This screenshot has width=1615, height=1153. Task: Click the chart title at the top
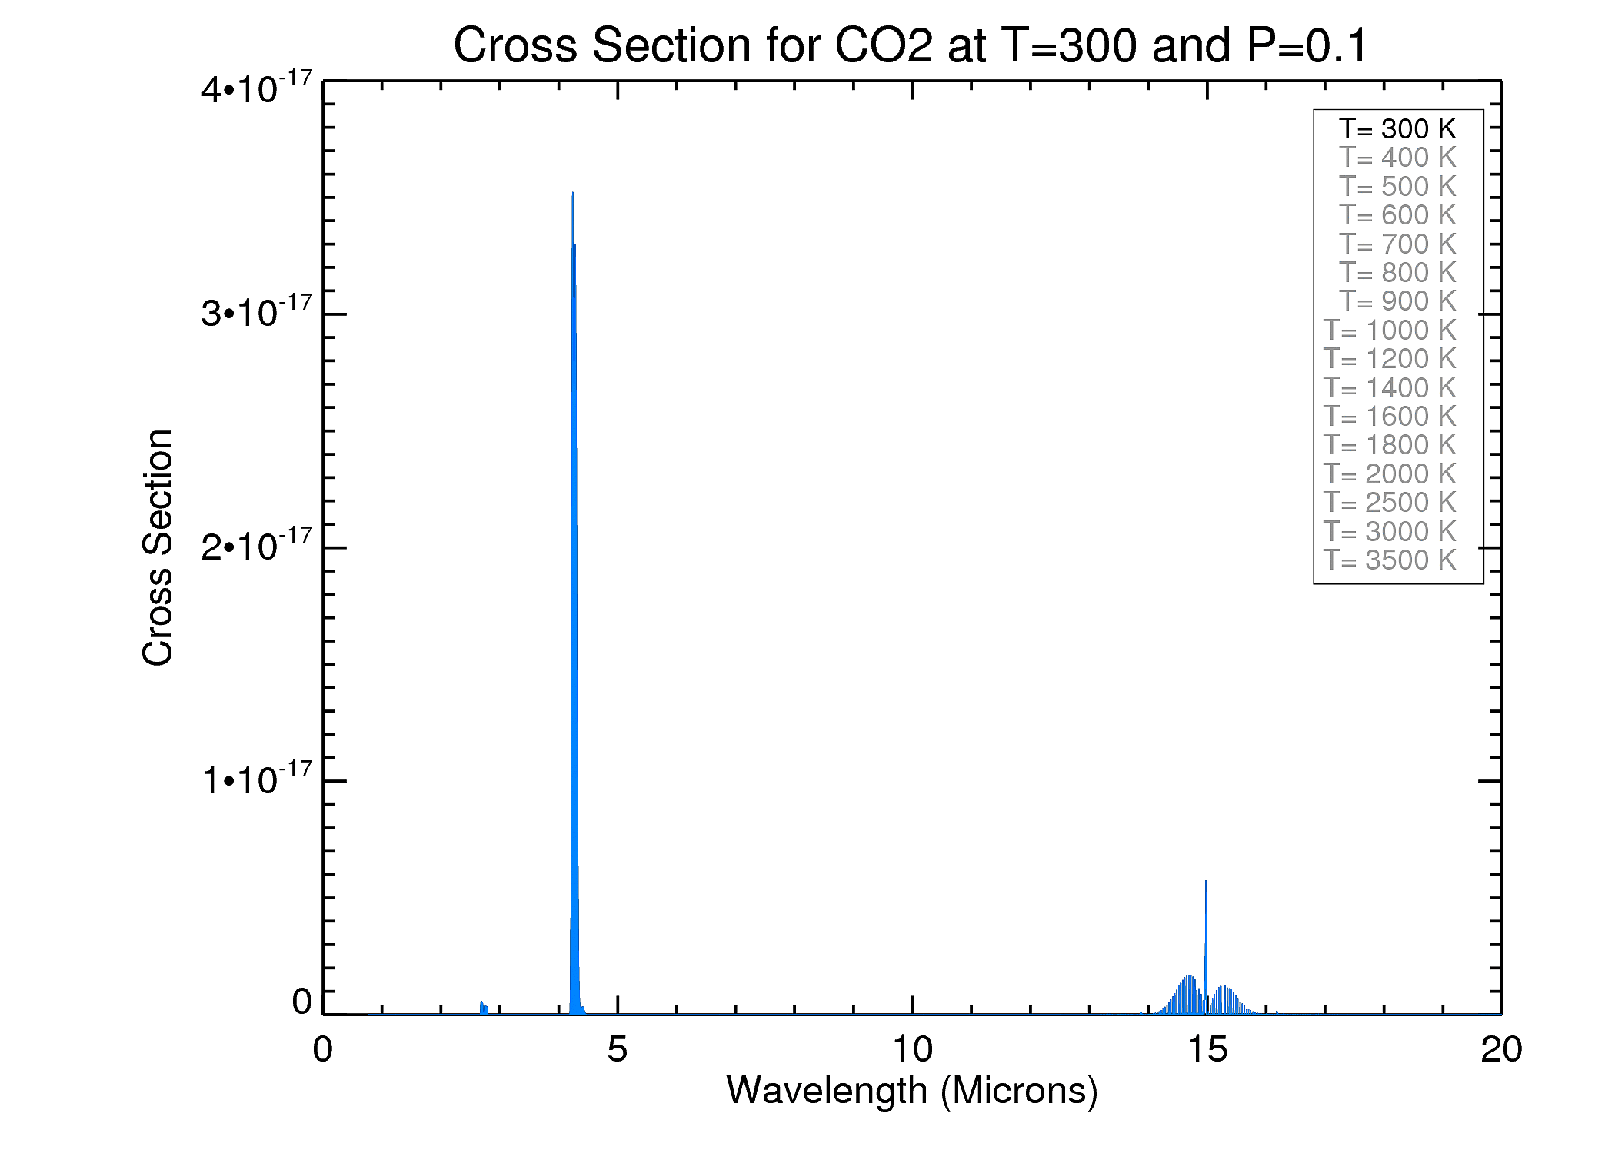click(x=911, y=45)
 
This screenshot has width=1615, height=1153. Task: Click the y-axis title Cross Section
click(x=158, y=547)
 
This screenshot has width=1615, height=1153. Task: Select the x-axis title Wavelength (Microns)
click(x=912, y=1091)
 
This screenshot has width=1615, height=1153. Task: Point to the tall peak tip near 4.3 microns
click(x=573, y=194)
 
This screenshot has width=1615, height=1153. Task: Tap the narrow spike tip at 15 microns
click(x=1205, y=882)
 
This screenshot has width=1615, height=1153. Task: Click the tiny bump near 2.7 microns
click(x=481, y=1002)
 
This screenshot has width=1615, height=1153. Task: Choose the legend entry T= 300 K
click(x=1397, y=128)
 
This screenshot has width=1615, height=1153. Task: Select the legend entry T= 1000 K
click(x=1390, y=330)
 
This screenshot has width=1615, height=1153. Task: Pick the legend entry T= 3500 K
click(x=1390, y=560)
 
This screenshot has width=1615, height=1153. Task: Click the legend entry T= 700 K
click(x=1397, y=244)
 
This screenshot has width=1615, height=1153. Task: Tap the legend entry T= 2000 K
click(x=1390, y=473)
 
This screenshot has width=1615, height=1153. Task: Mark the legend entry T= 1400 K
click(x=1390, y=387)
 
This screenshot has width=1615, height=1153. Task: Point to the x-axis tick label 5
click(x=617, y=1049)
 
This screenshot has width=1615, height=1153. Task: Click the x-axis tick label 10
click(x=912, y=1049)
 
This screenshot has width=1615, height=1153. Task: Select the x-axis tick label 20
click(x=1501, y=1049)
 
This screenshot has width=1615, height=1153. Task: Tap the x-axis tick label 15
click(x=1207, y=1049)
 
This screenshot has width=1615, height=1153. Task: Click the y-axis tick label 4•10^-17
click(x=257, y=88)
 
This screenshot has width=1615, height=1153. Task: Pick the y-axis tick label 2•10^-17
click(x=257, y=545)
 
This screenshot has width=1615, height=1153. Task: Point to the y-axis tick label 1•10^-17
click(x=257, y=779)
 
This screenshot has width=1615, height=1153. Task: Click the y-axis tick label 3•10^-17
click(x=257, y=311)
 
